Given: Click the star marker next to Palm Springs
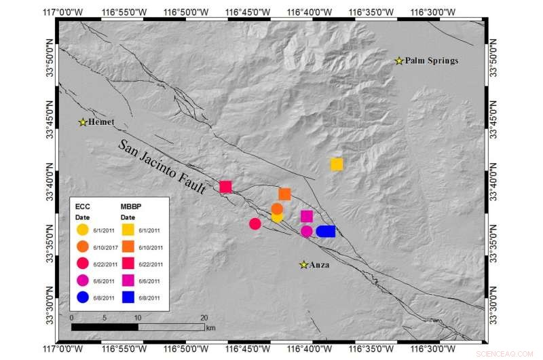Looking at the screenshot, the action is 400,61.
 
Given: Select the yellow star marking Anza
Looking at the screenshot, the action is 304,264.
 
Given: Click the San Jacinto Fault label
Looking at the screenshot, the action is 162,167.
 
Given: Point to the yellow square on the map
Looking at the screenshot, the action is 337,164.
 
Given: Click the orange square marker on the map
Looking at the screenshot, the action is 284,194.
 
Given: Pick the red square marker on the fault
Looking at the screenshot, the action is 226,187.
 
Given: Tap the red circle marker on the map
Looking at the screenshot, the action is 255,223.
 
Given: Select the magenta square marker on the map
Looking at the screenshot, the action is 307,216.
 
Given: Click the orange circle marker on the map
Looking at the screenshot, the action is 277,209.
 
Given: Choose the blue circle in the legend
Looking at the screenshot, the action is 82,297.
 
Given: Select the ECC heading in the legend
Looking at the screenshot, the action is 82,205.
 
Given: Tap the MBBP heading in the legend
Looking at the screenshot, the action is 131,205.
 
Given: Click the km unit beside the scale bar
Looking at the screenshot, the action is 210,327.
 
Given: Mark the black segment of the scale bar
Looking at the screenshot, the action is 105,327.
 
